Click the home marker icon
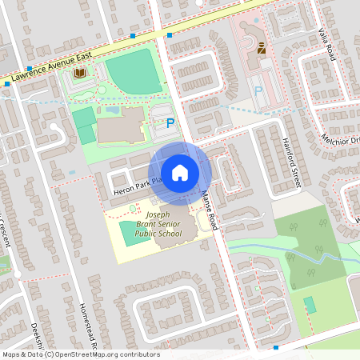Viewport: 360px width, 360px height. pos(180,173)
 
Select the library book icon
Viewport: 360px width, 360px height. pos(79,73)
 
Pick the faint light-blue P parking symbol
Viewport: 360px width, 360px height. pos(258,92)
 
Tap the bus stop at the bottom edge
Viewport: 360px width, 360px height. pos(276,347)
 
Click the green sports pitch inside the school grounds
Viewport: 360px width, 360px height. pos(128,234)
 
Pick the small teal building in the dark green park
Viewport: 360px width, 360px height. pos(310,305)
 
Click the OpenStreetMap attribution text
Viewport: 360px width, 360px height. pos(80,354)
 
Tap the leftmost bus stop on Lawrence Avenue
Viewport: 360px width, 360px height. pos(29,69)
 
